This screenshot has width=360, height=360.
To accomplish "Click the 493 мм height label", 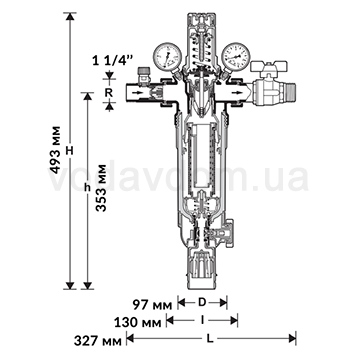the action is pos(56,150).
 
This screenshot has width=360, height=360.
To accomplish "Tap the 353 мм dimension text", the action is pos(100,188).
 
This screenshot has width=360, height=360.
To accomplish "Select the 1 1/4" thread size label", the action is pos(108,61).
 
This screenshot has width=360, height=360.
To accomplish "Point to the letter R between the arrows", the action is pos(109,93).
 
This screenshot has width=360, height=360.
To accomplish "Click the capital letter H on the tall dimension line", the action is pos(70,151).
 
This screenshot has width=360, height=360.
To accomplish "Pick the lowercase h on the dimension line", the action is pos(87,188).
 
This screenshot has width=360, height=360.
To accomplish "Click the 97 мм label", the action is pos(152,304).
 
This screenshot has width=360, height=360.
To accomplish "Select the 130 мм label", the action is pos(138,322).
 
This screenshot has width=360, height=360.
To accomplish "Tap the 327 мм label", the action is pos(98,341).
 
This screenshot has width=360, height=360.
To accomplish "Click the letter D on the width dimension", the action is pos(202,303).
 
